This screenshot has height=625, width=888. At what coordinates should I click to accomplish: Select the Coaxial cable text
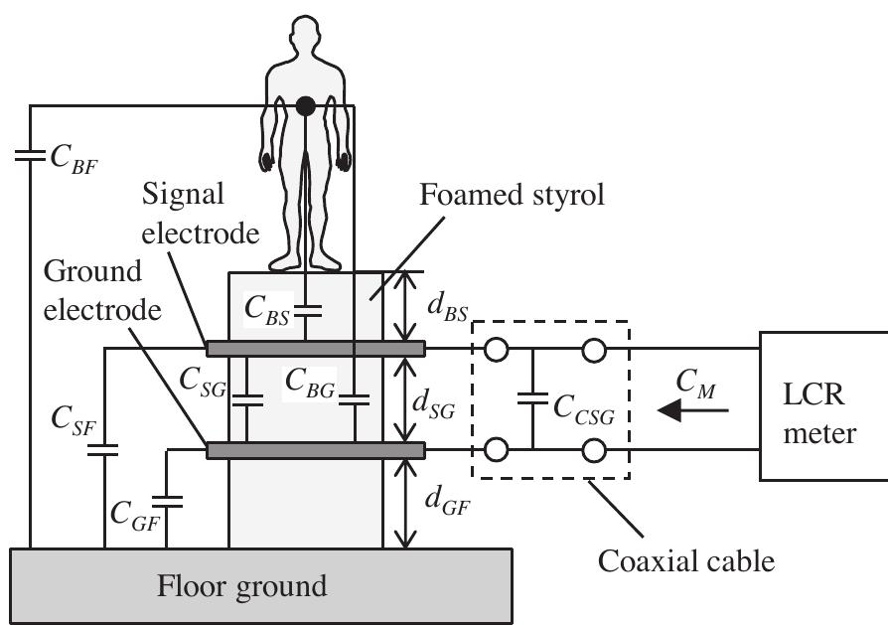click(685, 561)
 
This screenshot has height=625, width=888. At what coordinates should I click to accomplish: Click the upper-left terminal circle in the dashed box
click(493, 349)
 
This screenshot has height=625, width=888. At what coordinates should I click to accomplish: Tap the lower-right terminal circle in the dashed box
click(593, 451)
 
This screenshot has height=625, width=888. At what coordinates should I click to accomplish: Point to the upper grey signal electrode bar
click(315, 348)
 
